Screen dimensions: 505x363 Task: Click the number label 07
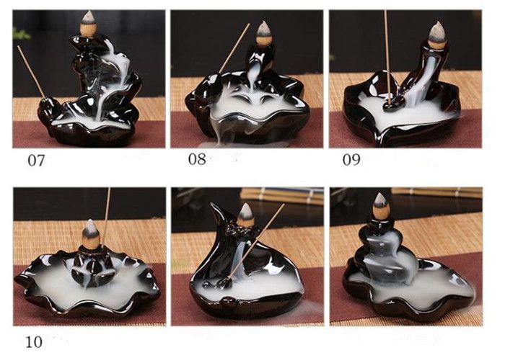(x=36, y=160)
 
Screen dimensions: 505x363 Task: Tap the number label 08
(x=197, y=159)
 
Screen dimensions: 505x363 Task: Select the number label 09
(x=351, y=159)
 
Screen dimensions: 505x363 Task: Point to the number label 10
(x=34, y=342)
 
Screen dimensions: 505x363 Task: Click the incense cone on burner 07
(x=88, y=24)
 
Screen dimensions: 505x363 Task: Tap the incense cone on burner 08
(x=264, y=32)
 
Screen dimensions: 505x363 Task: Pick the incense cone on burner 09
(x=437, y=35)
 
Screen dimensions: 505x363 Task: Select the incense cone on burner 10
(x=90, y=234)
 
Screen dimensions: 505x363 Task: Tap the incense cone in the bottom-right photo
(x=381, y=207)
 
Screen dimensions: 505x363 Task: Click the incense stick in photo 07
(x=31, y=71)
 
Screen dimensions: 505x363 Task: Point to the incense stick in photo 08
(x=234, y=48)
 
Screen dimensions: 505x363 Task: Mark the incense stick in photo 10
(x=107, y=217)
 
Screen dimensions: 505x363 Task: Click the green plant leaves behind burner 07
(x=21, y=34)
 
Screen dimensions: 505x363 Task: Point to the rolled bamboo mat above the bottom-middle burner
(x=282, y=195)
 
